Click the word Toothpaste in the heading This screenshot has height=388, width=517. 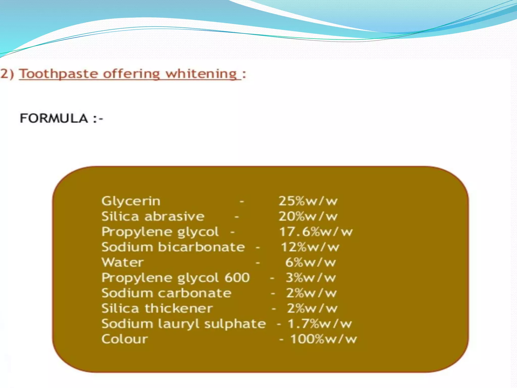[x=59, y=74]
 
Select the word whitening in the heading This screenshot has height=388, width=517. [x=201, y=74]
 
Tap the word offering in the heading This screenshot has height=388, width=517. [x=131, y=74]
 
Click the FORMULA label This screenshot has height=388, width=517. [x=54, y=118]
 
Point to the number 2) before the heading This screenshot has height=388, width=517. [x=7, y=74]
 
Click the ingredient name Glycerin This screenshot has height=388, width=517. [x=131, y=202]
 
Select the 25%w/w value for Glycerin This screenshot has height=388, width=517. [x=308, y=201]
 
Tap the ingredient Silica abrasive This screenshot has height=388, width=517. [x=153, y=217]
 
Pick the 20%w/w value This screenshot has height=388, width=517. [x=308, y=217]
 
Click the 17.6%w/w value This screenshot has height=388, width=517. [x=316, y=232]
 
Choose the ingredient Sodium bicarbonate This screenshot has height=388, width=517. [x=173, y=247]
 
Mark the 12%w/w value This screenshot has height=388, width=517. [x=310, y=247]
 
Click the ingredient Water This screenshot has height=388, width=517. [x=123, y=262]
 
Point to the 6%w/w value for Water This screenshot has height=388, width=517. [x=311, y=263]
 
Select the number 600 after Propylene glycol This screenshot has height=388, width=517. [x=237, y=278]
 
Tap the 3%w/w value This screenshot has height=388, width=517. [x=311, y=278]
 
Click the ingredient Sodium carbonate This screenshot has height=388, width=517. [x=166, y=293]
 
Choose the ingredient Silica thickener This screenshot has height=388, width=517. [x=157, y=309]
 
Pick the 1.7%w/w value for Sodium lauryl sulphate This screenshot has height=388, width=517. [x=320, y=324]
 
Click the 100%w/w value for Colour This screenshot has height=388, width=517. [x=323, y=339]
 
